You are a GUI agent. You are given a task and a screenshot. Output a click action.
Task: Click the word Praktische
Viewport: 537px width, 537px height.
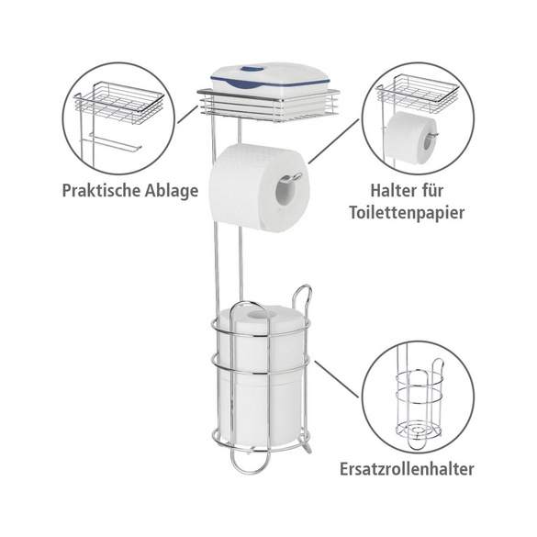(101, 191)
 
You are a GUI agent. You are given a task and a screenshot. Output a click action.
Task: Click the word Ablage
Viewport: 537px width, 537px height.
(172, 191)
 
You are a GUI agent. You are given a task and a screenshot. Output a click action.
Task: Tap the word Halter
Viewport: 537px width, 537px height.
(392, 190)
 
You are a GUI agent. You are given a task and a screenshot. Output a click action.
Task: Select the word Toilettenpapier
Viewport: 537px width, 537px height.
(407, 213)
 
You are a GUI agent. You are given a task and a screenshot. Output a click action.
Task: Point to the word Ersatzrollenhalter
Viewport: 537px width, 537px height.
(407, 469)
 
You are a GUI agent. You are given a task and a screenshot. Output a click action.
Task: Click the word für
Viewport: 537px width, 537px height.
(431, 190)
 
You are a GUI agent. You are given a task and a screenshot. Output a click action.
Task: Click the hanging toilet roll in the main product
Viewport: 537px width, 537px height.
(259, 188)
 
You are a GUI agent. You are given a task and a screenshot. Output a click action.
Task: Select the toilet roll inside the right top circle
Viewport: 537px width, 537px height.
(411, 138)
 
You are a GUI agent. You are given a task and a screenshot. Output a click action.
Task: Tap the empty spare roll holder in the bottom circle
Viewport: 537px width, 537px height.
(420, 404)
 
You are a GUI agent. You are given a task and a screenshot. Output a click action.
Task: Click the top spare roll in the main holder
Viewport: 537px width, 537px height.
(261, 339)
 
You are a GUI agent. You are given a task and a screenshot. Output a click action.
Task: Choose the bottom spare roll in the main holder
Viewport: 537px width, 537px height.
(261, 409)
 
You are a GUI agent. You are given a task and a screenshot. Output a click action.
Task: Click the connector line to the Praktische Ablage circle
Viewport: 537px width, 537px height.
(187, 115)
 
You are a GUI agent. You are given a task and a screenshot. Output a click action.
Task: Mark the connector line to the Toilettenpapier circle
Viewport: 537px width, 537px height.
(334, 141)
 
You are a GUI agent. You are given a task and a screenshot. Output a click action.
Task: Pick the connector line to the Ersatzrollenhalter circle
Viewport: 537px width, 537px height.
(337, 379)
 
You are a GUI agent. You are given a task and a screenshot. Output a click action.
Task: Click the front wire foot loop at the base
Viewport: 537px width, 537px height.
(249, 463)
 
